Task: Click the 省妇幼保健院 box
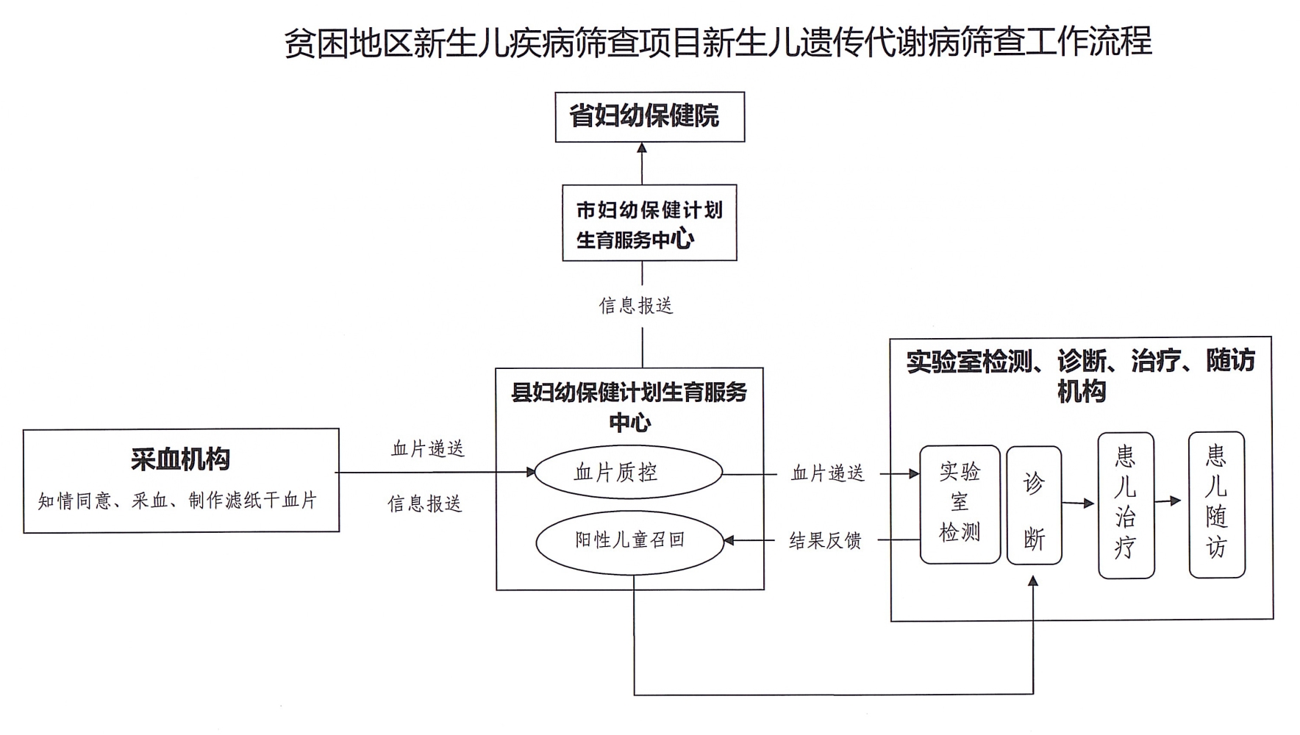(649, 117)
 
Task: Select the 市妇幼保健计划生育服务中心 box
(649, 223)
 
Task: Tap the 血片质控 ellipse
(628, 473)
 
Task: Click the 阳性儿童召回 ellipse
(629, 541)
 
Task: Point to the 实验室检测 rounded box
(960, 504)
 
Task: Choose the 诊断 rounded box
(1034, 506)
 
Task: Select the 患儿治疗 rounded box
(1126, 505)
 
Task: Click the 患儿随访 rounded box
(1217, 504)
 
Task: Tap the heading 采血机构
(181, 459)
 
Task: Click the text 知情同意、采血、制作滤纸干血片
(178, 501)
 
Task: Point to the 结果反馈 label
(825, 542)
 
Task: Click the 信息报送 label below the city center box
(636, 306)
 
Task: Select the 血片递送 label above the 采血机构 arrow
(428, 448)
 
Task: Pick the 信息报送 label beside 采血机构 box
(425, 504)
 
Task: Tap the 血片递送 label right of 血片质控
(827, 473)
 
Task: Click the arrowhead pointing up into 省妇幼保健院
(642, 148)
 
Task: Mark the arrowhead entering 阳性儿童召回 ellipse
(729, 541)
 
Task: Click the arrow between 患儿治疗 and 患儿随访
(1169, 501)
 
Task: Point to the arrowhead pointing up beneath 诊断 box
(1033, 581)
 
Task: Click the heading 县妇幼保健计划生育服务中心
(629, 406)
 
